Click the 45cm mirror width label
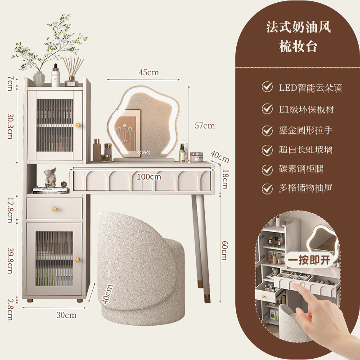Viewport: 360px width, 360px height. pyautogui.click(x=148, y=72)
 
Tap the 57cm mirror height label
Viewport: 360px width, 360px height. pyautogui.click(x=205, y=126)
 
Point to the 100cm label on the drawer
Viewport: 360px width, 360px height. pyautogui.click(x=149, y=177)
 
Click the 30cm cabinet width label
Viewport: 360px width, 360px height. pyautogui.click(x=66, y=315)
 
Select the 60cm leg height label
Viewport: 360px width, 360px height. pyautogui.click(x=224, y=250)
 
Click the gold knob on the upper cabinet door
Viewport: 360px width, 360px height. pyautogui.click(x=77, y=125)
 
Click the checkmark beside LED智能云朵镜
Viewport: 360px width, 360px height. pyautogui.click(x=267, y=87)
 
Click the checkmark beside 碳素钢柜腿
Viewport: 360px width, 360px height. pyautogui.click(x=267, y=169)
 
